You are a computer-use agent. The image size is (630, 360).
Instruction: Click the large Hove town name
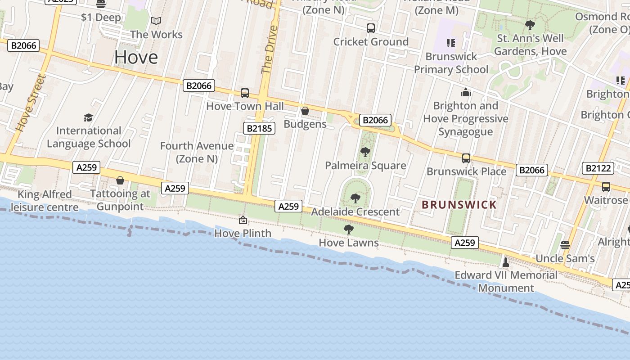click(136, 57)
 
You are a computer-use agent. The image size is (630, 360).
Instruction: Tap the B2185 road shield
click(260, 128)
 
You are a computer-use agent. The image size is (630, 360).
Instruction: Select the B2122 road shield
click(598, 168)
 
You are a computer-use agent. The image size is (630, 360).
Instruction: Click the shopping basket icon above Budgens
click(305, 110)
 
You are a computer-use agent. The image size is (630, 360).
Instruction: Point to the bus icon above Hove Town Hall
click(245, 93)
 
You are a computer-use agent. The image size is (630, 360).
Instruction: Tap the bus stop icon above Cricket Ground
click(371, 28)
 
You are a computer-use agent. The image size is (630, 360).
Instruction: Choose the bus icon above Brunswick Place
click(466, 158)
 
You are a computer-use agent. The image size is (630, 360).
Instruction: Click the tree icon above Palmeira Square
click(365, 152)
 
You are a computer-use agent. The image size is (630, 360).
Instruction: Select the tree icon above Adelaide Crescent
click(355, 198)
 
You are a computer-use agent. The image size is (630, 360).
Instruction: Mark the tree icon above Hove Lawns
click(349, 229)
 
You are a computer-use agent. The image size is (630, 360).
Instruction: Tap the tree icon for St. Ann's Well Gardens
click(530, 25)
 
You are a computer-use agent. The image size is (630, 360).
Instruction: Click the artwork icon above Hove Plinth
click(243, 220)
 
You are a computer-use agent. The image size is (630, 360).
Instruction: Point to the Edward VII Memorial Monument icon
click(505, 262)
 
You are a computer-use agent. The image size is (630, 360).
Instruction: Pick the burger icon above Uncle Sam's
click(565, 245)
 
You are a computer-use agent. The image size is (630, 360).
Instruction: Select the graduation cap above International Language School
click(89, 117)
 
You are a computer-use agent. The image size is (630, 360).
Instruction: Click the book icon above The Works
click(156, 21)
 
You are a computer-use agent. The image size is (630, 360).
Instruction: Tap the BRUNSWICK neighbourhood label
click(459, 205)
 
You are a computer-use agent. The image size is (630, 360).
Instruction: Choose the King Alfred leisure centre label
click(44, 201)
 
